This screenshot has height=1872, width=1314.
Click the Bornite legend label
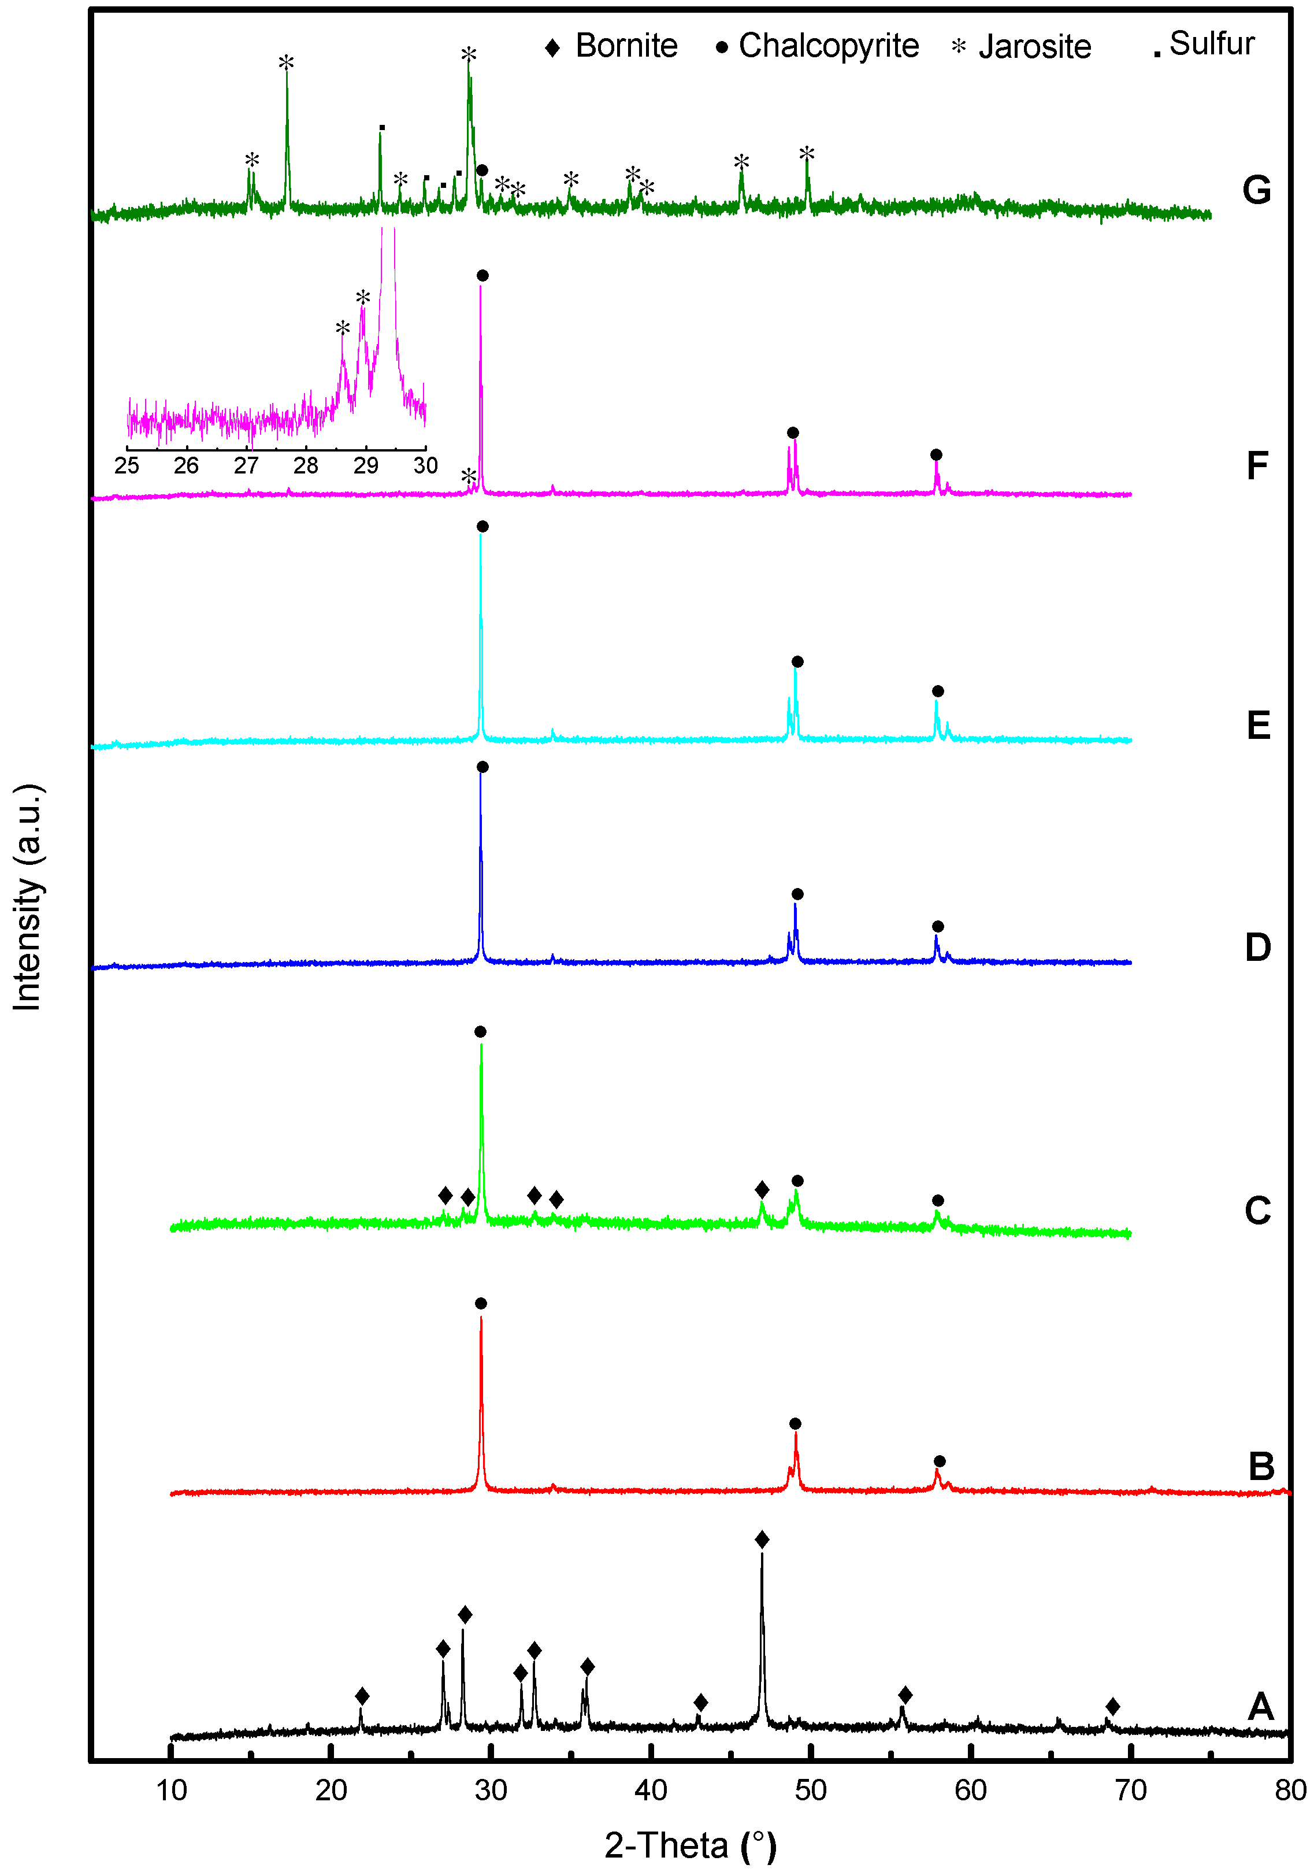(626, 46)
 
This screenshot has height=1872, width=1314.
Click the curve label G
(1256, 190)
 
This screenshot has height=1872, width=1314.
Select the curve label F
(1257, 467)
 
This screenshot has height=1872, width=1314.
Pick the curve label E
(1258, 725)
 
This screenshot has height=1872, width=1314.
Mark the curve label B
(1261, 1467)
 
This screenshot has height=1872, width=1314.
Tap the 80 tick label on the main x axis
(1290, 1790)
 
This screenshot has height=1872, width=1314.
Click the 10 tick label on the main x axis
(171, 1790)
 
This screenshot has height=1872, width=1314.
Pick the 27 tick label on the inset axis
(246, 465)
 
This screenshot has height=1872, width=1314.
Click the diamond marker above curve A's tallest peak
(762, 1540)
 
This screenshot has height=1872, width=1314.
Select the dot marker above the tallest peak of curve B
(481, 1304)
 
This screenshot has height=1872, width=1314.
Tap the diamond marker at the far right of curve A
(1113, 1707)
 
